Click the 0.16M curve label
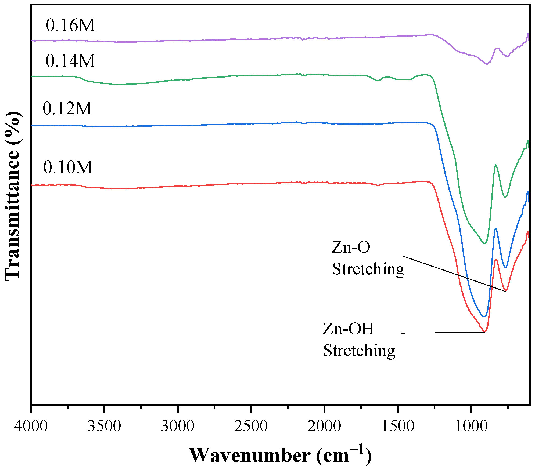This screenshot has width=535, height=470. coord(70,25)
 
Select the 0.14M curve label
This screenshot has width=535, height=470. coord(70,61)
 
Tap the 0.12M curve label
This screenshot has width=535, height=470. coord(67,109)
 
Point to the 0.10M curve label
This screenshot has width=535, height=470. coord(68,167)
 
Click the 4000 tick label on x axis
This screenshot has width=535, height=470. coord(31,426)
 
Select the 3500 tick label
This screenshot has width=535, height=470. coord(104,426)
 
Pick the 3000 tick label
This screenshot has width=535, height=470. coord(178,426)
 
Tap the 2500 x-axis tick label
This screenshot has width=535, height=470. coord(251,426)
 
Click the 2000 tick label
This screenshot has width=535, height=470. coord(324,426)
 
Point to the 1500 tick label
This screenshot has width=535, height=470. coord(398,426)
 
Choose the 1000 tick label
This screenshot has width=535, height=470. coord(471,426)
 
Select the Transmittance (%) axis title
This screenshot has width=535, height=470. coord(12,196)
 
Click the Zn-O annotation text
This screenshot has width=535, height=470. coord(351,247)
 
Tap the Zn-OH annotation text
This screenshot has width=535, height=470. coord(348,329)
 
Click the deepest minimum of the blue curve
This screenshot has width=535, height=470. coord(484,316)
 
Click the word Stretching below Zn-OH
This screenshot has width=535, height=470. coord(359,351)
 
